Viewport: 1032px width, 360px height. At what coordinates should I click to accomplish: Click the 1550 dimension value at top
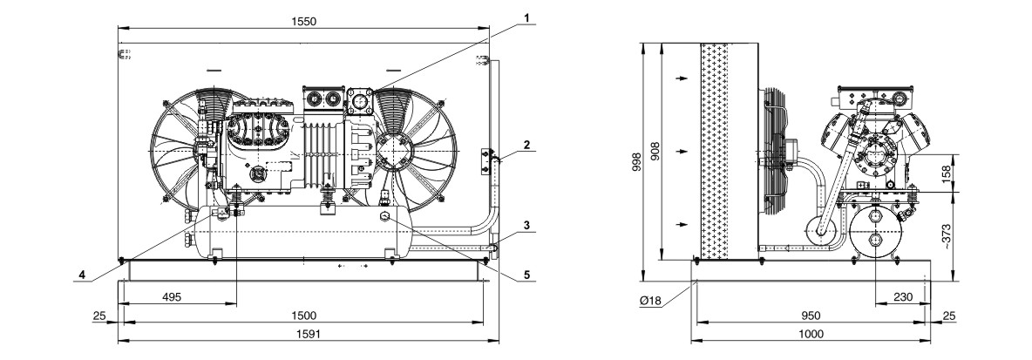pyautogui.click(x=303, y=21)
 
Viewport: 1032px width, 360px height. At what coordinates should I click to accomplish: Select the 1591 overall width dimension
pyautogui.click(x=306, y=335)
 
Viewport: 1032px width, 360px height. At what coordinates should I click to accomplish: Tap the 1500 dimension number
pyautogui.click(x=303, y=316)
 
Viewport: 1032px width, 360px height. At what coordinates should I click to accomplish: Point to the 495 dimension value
pyautogui.click(x=171, y=297)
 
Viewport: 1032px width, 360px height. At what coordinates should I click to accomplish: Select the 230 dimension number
pyautogui.click(x=903, y=297)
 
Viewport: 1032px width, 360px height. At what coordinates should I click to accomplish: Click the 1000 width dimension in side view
pyautogui.click(x=811, y=335)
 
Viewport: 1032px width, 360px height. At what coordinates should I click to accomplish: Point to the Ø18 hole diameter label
pyautogui.click(x=649, y=300)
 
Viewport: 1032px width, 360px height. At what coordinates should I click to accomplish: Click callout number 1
pyautogui.click(x=526, y=17)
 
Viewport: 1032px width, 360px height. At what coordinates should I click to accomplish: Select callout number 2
pyautogui.click(x=526, y=144)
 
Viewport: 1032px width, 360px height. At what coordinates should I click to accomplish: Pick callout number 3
pyautogui.click(x=526, y=225)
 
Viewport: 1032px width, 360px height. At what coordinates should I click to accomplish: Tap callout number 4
pyautogui.click(x=82, y=275)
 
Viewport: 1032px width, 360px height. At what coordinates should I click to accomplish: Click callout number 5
pyautogui.click(x=526, y=275)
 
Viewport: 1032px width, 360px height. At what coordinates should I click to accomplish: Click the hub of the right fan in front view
pyautogui.click(x=394, y=152)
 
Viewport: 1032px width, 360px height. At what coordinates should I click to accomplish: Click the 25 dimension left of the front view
pyautogui.click(x=98, y=316)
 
